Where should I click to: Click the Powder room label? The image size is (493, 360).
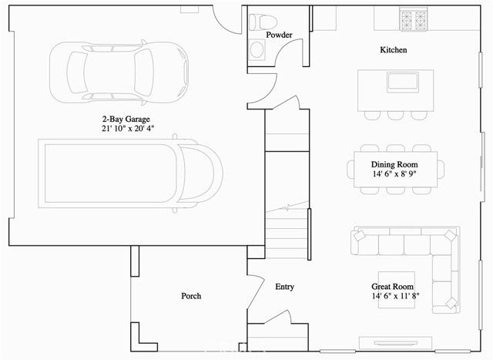[279, 35]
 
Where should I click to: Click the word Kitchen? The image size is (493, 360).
[393, 50]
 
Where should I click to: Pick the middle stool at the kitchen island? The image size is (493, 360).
[396, 114]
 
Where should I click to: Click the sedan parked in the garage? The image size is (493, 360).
[119, 70]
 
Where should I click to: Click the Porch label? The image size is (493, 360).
[191, 296]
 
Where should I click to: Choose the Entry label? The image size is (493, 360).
[284, 287]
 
